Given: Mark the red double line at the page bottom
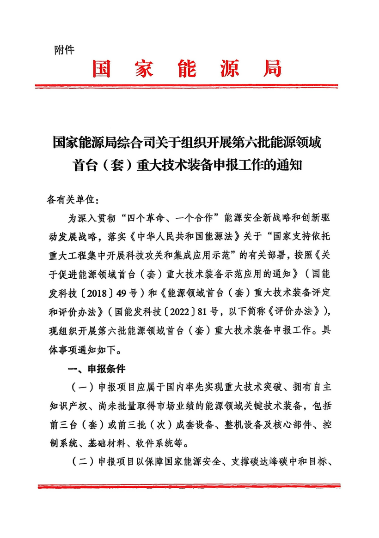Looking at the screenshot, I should pyautogui.click(x=189, y=485).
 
